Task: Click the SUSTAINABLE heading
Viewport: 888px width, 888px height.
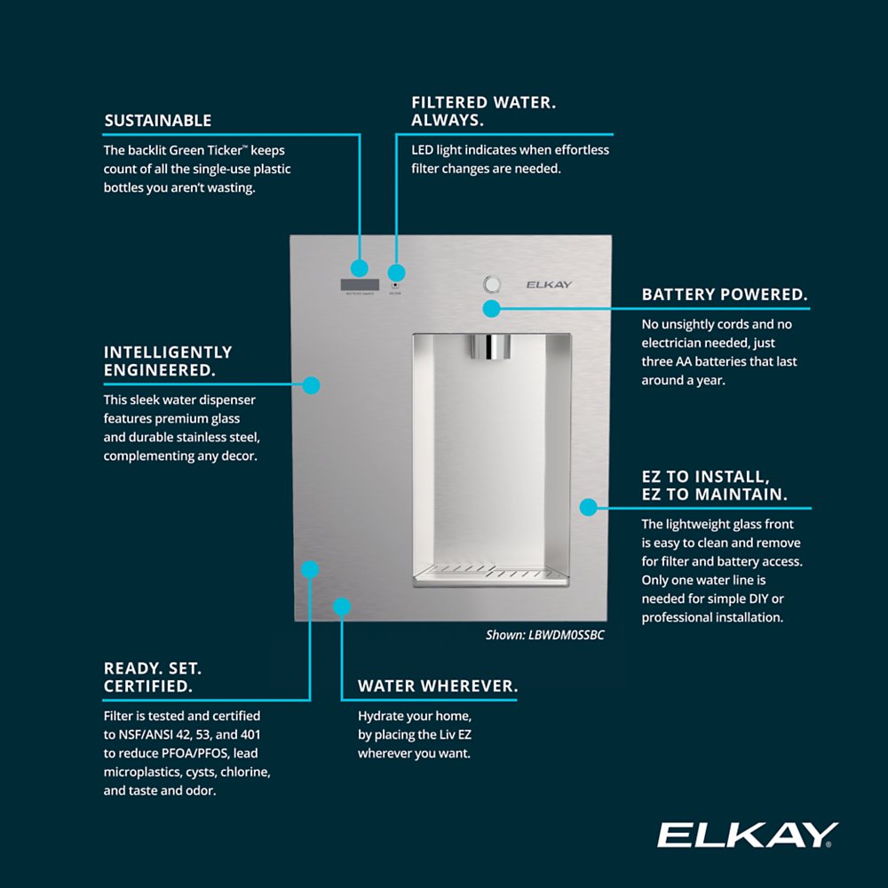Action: click(158, 121)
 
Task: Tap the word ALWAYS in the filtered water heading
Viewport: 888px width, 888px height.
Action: click(447, 120)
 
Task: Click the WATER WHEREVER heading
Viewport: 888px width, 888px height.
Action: click(437, 686)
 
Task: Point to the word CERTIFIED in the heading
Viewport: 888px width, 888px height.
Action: click(147, 686)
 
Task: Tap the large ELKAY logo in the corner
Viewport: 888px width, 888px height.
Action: click(747, 836)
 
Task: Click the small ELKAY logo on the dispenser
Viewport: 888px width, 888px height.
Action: click(549, 285)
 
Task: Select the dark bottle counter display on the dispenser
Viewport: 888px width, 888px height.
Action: click(359, 285)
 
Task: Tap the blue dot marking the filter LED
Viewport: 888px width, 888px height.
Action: click(397, 273)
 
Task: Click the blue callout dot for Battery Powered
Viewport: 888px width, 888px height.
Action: click(490, 308)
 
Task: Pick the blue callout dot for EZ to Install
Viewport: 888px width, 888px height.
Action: click(588, 507)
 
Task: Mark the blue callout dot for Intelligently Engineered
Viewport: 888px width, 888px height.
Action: click(311, 385)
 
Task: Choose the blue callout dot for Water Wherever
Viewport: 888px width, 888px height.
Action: click(342, 607)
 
